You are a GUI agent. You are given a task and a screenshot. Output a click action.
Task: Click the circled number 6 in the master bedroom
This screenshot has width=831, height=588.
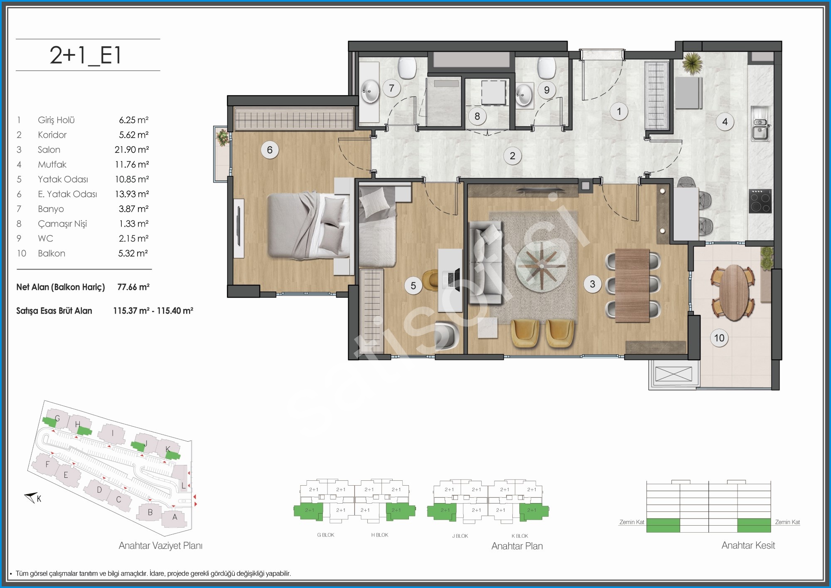270,150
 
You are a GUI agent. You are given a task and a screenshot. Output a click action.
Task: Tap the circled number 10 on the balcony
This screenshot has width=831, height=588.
719,338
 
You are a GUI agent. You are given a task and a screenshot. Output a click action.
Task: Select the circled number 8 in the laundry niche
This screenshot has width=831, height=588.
477,116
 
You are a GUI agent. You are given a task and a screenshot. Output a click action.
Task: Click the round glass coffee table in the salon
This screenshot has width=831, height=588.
541,265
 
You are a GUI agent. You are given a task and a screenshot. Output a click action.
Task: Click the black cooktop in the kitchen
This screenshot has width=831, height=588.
760,201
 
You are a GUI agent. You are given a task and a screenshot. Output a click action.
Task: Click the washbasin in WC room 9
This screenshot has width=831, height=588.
524,95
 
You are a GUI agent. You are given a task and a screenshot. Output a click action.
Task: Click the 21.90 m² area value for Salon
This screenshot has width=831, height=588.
132,149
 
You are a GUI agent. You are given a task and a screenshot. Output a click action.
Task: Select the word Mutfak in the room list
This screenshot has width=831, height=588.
52,164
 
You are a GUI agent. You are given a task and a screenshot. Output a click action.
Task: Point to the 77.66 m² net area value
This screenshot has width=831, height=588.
133,287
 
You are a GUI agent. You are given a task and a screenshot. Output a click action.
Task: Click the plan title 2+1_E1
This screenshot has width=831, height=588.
86,55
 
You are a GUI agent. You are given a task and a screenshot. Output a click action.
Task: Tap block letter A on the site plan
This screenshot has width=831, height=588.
175,517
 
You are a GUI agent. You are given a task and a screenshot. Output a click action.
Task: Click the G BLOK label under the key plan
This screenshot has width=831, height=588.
326,535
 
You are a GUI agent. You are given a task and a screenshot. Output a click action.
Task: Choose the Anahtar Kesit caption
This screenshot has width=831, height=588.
748,545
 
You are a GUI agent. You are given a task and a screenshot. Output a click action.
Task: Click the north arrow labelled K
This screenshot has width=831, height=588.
32,497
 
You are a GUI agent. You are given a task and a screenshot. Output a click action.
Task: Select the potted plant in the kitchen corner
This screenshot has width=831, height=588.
693,64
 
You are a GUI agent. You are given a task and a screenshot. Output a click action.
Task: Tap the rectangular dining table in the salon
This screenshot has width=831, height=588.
632,285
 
